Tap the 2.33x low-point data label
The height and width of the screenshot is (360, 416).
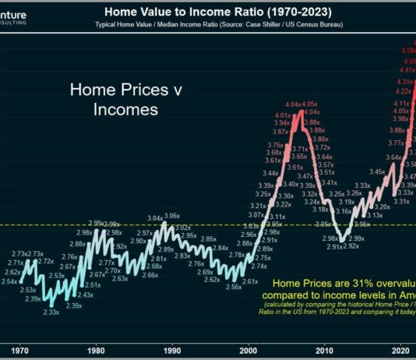[51, 312]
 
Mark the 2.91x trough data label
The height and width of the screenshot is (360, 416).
[335, 246]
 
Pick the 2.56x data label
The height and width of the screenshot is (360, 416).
[233, 288]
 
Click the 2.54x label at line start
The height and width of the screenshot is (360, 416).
[11, 281]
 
